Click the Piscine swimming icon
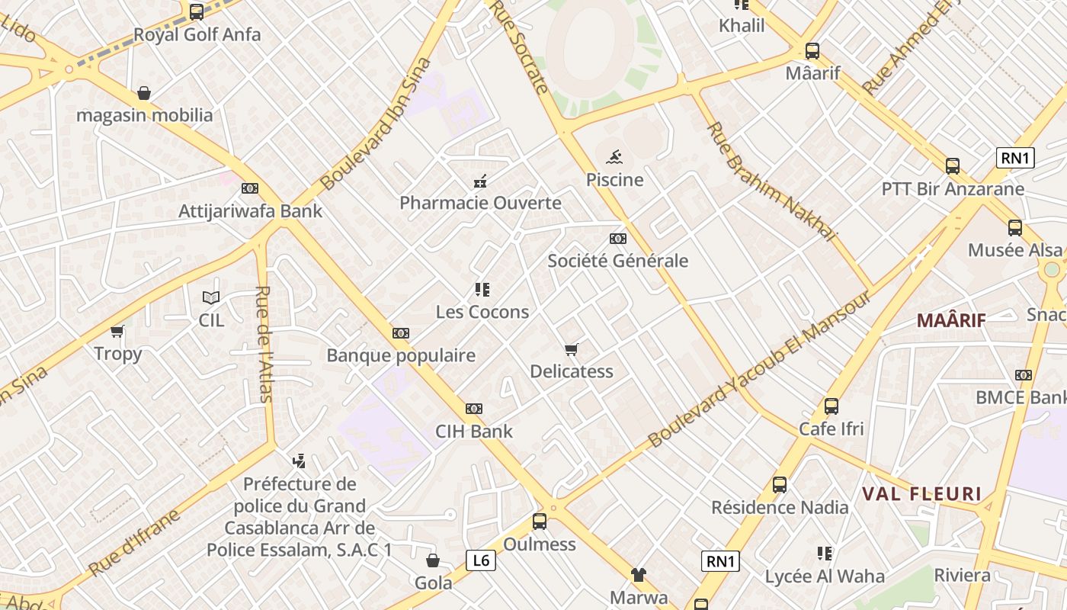(614, 158)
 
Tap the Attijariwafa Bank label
(250, 211)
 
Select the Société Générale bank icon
(618, 239)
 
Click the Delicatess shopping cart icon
(571, 349)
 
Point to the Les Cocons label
(482, 312)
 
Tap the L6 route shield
(481, 561)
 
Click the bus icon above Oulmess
(540, 522)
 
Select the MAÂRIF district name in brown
(951, 320)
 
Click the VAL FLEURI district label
(922, 493)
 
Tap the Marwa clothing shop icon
(638, 575)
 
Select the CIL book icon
(211, 297)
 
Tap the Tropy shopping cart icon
(117, 331)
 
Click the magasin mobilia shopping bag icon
(143, 94)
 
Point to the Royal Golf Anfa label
(197, 34)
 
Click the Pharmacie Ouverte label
(480, 204)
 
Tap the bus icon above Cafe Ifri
(831, 406)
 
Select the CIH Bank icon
(474, 409)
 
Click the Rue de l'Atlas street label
(264, 343)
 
